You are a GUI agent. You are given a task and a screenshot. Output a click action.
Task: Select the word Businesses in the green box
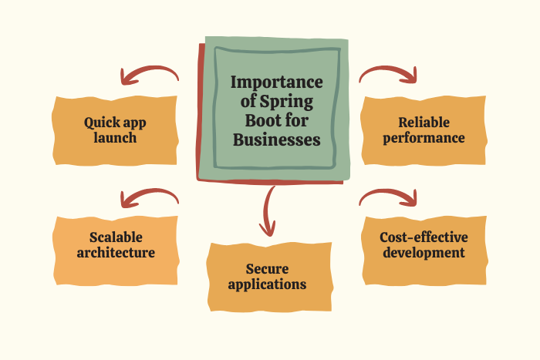(277, 140)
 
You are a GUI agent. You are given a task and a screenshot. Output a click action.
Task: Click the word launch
(116, 138)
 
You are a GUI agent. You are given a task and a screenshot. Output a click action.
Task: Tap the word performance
(424, 138)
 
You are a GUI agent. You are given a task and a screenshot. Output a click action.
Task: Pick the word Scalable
(116, 237)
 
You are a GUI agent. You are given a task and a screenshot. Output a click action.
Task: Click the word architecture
(116, 252)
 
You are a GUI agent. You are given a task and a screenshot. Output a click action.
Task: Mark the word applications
(270, 284)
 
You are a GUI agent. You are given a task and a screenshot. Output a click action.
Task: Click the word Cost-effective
(424, 237)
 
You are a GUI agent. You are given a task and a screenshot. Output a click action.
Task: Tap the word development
(424, 252)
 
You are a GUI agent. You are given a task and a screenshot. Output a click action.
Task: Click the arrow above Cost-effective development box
(388, 197)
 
